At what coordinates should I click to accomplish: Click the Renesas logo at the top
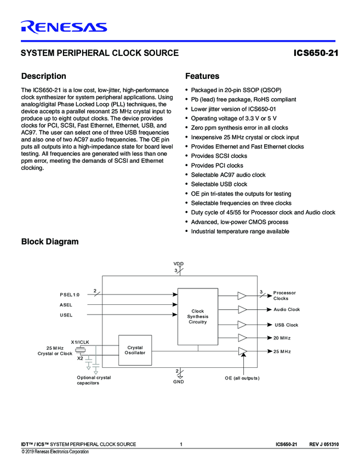pos(64,26)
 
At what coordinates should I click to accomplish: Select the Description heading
pos(43,76)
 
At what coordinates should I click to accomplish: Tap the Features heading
pos(202,76)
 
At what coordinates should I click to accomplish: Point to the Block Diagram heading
pos(49,242)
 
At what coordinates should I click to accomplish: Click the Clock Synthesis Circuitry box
pos(198,316)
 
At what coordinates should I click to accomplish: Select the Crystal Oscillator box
pos(135,350)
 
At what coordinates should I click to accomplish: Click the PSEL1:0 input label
pos(70,294)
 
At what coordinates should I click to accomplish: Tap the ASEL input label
pos(66,305)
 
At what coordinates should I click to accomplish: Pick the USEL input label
pos(66,315)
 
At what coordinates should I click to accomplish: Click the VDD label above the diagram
pos(179,264)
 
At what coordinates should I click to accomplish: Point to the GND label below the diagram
pos(179,382)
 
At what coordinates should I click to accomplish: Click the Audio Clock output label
pos(287,310)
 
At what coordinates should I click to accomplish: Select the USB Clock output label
pos(287,325)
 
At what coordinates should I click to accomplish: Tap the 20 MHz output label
pos(282,338)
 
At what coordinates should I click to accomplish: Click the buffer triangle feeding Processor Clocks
pos(242,295)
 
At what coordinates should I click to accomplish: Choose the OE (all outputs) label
pos(242,378)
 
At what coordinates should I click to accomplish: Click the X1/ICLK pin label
pos(81,342)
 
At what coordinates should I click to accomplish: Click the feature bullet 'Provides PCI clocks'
pos(217,166)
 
